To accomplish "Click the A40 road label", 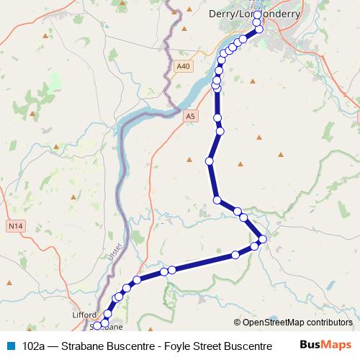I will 184,66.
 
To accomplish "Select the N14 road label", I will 16,226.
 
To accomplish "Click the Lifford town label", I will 84,315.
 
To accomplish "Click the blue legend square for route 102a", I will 10,345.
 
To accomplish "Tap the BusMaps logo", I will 325,345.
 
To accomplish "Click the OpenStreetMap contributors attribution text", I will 297,323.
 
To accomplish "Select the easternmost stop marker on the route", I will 263,239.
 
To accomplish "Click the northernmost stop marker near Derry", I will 258,14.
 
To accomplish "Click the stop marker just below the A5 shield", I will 217,118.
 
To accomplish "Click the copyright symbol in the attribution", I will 238,323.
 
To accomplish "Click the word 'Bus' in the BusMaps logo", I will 310,345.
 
